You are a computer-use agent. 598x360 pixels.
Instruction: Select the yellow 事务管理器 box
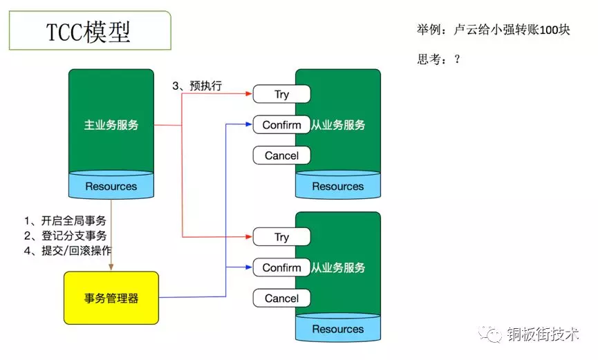point(111,299)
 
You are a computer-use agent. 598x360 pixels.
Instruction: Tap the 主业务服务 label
point(111,125)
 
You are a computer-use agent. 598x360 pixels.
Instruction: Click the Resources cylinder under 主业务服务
point(111,186)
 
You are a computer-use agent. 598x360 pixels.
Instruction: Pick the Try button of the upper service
point(281,95)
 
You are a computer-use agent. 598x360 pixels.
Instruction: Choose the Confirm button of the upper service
point(281,125)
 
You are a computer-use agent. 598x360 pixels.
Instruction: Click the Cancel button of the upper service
point(281,155)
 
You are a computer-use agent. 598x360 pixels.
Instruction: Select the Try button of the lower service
point(281,237)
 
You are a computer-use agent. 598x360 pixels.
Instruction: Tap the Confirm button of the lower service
point(281,267)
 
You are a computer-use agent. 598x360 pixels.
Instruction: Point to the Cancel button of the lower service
point(281,299)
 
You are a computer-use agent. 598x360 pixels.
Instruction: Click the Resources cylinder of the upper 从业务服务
point(337,186)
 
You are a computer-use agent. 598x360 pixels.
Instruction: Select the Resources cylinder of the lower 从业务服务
point(337,329)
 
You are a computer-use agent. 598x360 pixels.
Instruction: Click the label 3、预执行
point(201,86)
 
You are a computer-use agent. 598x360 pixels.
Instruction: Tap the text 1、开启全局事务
point(65,221)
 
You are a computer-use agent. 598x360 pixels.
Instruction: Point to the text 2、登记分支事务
point(65,236)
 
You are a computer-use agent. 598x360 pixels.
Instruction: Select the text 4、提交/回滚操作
point(68,250)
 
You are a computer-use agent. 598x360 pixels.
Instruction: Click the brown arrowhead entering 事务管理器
point(111,267)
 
